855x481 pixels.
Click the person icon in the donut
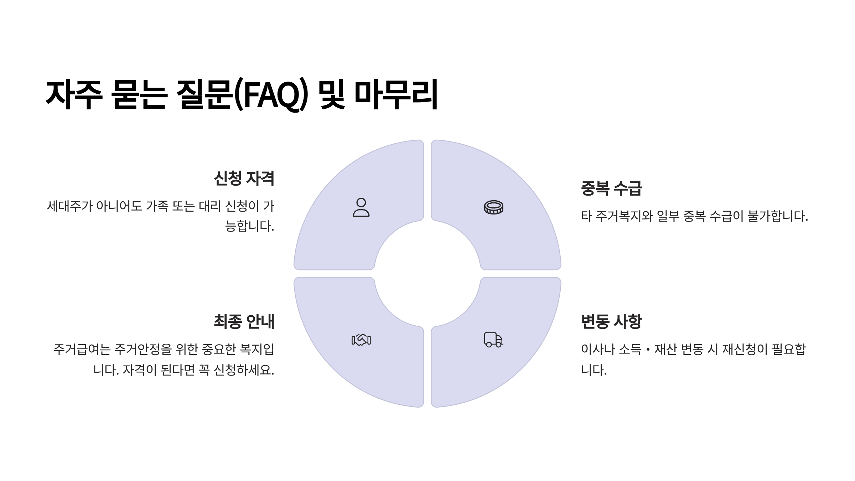(361, 207)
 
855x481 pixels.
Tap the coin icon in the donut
(493, 207)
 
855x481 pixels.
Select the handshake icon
(361, 340)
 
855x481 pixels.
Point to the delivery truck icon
(493, 340)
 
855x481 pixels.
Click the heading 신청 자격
(244, 179)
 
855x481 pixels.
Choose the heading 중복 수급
(611, 188)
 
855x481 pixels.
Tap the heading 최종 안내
(244, 321)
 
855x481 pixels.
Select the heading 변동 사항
(611, 321)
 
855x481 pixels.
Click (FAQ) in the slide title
(270, 95)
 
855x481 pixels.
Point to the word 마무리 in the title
(396, 95)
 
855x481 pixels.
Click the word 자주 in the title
(74, 95)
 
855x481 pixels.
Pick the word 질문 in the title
(205, 95)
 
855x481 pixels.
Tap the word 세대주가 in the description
(70, 206)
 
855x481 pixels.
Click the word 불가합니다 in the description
(778, 216)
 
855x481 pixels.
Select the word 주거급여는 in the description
(82, 350)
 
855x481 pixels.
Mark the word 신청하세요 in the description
(244, 370)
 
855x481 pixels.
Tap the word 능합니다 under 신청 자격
(249, 226)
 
